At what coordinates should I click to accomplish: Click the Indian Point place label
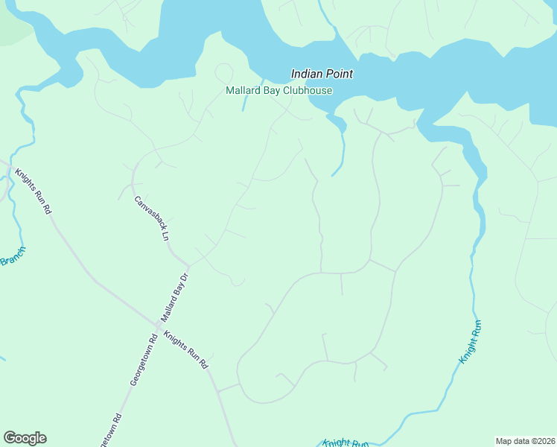322,74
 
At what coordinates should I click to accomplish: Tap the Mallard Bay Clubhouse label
279,91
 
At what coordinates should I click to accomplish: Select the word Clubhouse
308,91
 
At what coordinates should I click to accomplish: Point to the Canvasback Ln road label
152,218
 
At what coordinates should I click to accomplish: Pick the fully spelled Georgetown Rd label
143,359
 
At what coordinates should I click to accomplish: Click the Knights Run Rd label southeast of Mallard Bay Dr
185,350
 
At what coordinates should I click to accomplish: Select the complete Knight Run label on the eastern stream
471,341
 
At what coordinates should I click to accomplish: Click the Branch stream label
13,256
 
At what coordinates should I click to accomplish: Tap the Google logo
25,438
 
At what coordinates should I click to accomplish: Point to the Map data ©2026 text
525,440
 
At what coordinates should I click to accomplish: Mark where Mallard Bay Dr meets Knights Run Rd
159,324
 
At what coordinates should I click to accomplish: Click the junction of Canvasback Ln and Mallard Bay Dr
189,264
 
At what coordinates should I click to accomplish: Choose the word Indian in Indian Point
306,74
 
